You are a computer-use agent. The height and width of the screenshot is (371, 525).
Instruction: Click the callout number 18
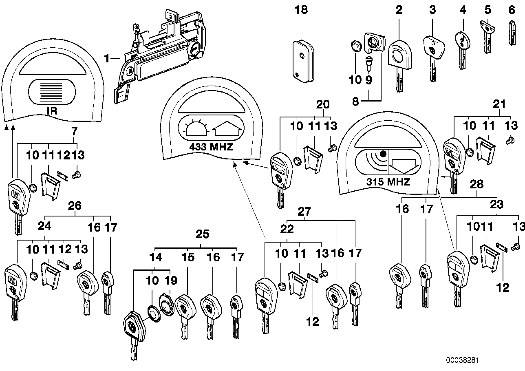pos(301,10)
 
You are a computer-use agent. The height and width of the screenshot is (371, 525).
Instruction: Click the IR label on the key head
pos(52,110)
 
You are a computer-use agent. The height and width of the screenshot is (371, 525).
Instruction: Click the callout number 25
pos(203,234)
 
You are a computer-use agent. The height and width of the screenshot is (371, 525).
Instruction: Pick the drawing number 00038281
pos(463,360)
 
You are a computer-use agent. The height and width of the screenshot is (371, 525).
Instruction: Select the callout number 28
pos(477,184)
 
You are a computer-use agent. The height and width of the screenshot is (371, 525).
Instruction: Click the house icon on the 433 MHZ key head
pos(225,126)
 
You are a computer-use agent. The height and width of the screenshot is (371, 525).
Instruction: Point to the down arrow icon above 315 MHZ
pos(404,165)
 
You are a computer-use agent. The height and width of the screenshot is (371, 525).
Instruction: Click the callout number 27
pos(304,211)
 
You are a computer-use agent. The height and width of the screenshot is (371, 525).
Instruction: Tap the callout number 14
pos(156,257)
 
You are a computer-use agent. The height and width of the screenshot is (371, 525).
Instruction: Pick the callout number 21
pos(499,105)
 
